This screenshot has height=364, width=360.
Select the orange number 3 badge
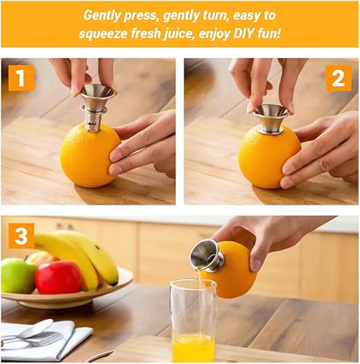[22, 235]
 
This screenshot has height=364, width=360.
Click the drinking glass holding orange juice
[193, 324]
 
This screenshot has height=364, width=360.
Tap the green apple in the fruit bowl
[18, 276]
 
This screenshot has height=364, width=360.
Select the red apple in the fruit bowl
[58, 277]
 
